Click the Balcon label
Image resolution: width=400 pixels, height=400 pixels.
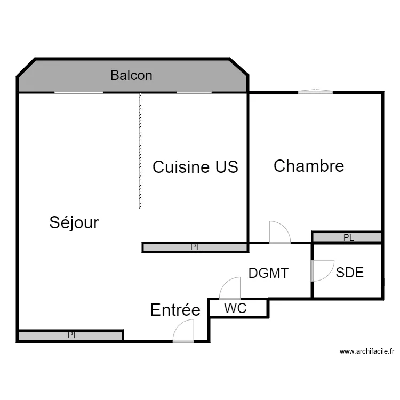pyautogui.click(x=131, y=75)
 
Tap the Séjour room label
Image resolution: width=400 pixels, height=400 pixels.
pyautogui.click(x=74, y=222)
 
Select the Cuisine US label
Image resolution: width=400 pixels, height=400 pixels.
pyautogui.click(x=195, y=167)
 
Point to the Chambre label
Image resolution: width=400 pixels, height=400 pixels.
pyautogui.click(x=309, y=166)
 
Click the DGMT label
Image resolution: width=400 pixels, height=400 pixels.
pyautogui.click(x=268, y=274)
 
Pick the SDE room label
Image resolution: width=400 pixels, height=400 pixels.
pyautogui.click(x=350, y=273)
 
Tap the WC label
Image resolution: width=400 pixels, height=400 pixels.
pyautogui.click(x=235, y=308)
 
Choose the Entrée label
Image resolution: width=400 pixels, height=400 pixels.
pyautogui.click(x=175, y=310)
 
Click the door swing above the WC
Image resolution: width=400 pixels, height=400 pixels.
pyautogui.click(x=230, y=289)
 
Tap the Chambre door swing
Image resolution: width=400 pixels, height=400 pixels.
pyautogui.click(x=279, y=233)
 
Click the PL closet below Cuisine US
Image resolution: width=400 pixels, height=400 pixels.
pyautogui.click(x=195, y=247)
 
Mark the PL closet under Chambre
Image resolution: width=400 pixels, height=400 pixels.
pyautogui.click(x=347, y=237)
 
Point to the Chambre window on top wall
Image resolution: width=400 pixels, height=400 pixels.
pyautogui.click(x=315, y=92)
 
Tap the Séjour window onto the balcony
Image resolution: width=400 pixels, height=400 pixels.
pyautogui.click(x=79, y=93)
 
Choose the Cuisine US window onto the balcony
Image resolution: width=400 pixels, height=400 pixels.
pyautogui.click(x=194, y=93)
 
